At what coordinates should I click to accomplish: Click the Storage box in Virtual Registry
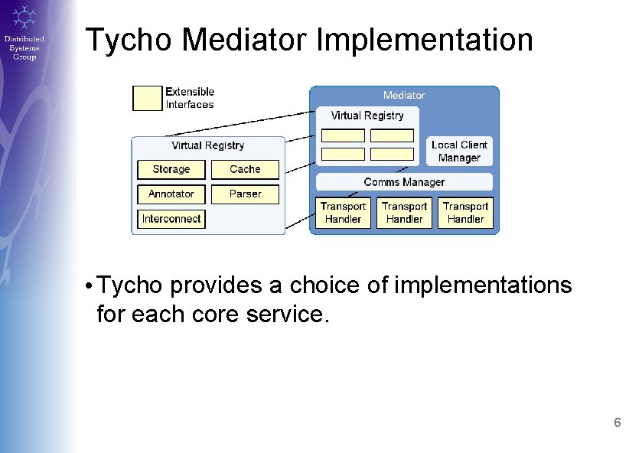point(171,169)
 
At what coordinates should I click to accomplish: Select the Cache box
point(245,169)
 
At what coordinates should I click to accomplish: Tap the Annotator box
point(171,194)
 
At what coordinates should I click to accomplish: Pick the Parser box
point(245,194)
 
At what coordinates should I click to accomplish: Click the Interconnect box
point(171,218)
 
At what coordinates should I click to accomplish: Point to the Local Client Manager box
point(459,152)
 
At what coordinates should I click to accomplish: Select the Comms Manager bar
point(404,182)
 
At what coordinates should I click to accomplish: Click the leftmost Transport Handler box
point(343,212)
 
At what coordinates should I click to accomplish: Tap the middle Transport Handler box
point(404,212)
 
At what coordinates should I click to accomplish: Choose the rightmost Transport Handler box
point(465,212)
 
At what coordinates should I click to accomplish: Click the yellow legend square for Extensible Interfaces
point(148,98)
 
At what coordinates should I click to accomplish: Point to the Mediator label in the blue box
point(404,95)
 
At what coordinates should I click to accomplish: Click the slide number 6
point(618,423)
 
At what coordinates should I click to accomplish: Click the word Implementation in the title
point(425,40)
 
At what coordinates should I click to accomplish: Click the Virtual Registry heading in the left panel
point(208,145)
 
